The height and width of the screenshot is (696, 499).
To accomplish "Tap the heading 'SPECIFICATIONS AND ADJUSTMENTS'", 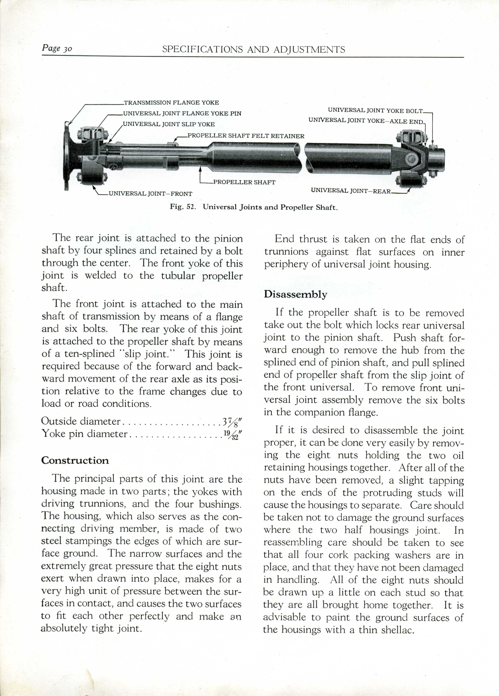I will [x=254, y=49].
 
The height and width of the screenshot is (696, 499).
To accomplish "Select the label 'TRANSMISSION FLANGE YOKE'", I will [x=171, y=102].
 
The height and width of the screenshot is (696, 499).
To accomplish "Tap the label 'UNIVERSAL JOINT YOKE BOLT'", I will [x=375, y=110].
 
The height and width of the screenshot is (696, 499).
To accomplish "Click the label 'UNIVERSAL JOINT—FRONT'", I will [x=150, y=194].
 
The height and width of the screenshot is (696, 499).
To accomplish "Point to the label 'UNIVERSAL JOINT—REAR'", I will [x=350, y=191].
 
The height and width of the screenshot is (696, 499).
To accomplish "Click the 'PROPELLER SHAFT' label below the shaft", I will [x=244, y=182].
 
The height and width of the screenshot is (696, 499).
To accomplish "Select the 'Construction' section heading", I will [x=75, y=460].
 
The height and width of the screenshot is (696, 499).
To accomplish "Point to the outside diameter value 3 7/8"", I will [x=232, y=422].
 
